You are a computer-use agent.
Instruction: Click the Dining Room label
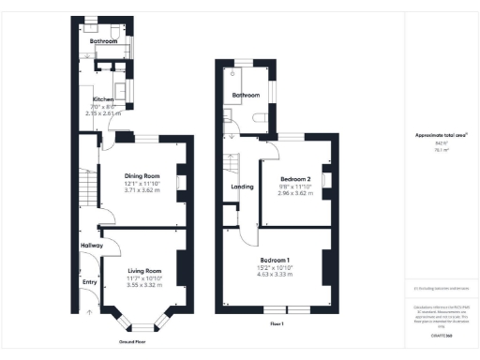click(143, 175)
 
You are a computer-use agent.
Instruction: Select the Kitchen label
click(103, 99)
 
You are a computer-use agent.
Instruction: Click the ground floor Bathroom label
click(103, 42)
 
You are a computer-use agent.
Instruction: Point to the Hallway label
click(91, 246)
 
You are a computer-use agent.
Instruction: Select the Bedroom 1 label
click(275, 259)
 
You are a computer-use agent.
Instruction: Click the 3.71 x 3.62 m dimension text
click(143, 190)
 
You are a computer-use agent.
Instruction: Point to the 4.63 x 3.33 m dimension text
click(275, 275)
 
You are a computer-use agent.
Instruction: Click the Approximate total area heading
click(441, 135)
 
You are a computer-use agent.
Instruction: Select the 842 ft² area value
click(440, 143)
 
